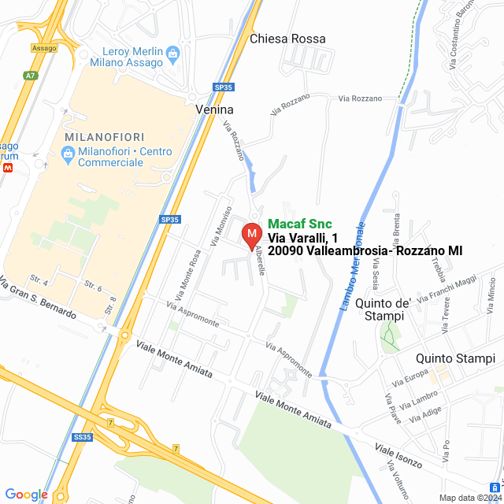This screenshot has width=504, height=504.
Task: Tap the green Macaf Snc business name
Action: point(300,224)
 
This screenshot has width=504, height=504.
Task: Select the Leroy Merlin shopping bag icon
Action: point(175,53)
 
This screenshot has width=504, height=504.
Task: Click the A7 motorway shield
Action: point(30,76)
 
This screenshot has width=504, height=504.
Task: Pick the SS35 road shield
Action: point(81,435)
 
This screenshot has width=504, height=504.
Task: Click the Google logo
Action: point(26,494)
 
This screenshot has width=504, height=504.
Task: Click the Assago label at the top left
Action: point(44,48)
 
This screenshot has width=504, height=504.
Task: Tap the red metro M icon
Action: point(8,167)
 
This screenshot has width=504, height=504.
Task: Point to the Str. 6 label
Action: point(93,287)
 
